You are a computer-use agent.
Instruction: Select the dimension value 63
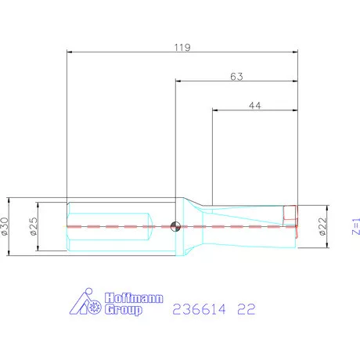[x=236, y=76]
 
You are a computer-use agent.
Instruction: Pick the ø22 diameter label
[x=322, y=226]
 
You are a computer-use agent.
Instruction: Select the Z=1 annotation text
[x=354, y=226]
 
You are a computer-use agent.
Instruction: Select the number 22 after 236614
[x=246, y=309]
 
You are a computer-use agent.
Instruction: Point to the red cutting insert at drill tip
[x=290, y=214]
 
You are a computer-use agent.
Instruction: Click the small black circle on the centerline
[x=176, y=226]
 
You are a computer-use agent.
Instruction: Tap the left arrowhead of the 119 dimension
[x=71, y=52]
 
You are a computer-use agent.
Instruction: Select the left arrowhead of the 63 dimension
[x=178, y=81]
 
